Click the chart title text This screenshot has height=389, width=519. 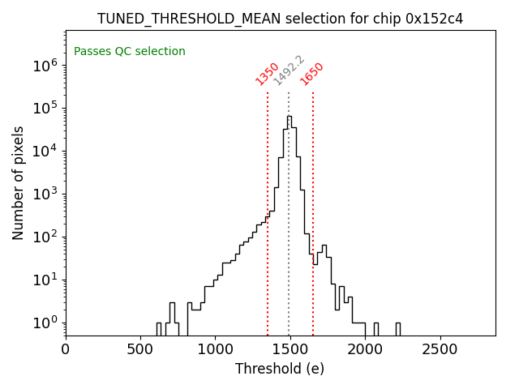[280, 19]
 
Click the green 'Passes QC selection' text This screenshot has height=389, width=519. [130, 51]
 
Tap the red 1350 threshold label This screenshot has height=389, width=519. [267, 73]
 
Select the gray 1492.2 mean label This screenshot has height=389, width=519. [288, 71]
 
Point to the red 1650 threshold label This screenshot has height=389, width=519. [312, 73]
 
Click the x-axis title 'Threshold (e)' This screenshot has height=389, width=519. [280, 369]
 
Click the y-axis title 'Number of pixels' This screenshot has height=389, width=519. [19, 182]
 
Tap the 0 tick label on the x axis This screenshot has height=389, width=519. [66, 349]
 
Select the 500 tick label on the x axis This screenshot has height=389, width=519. [140, 349]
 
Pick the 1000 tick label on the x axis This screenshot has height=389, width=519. [215, 349]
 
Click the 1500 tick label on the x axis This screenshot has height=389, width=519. [290, 349]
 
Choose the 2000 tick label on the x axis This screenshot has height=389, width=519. [365, 349]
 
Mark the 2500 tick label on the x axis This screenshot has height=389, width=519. [440, 349]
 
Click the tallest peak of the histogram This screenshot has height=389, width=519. [289, 117]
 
